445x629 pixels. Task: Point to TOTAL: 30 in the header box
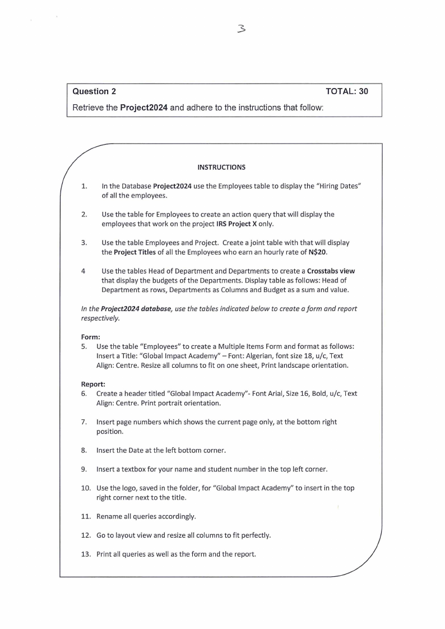coord(346,91)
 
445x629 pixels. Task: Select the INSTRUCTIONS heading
coord(221,167)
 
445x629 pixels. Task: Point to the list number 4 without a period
coord(83,271)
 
